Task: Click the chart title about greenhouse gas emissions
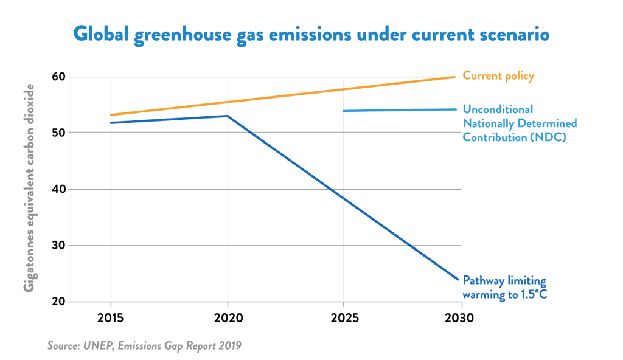click(x=311, y=34)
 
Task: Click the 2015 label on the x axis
click(x=111, y=318)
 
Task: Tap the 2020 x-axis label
click(x=228, y=318)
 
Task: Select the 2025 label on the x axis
click(x=344, y=318)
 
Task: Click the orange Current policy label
click(x=498, y=76)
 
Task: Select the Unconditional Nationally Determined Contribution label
click(x=520, y=123)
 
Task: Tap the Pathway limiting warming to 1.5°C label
click(x=504, y=288)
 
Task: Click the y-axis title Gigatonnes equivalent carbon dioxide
click(x=29, y=187)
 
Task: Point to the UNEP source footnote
click(x=144, y=345)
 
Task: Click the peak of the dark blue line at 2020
click(x=228, y=116)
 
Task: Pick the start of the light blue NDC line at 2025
click(x=344, y=111)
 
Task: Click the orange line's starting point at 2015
click(x=111, y=115)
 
